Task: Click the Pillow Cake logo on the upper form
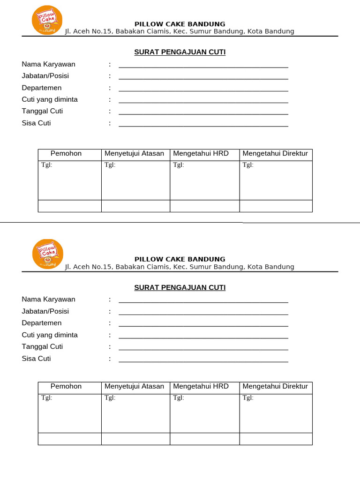[x=47, y=20]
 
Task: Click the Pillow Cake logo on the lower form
[x=47, y=254]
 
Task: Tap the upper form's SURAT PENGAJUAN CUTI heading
[x=180, y=52]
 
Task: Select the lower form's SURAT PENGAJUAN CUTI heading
[x=180, y=287]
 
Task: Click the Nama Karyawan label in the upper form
[x=48, y=64]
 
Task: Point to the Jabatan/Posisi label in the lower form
[x=45, y=311]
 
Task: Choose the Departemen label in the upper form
[x=42, y=88]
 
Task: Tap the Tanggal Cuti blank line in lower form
[x=203, y=349]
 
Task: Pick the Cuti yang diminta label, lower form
[x=50, y=335]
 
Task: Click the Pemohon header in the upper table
[x=66, y=154]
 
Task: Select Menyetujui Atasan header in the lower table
[x=135, y=386]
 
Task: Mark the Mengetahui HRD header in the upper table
[x=201, y=154]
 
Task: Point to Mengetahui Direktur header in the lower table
[x=275, y=386]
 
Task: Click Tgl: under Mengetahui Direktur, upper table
[x=248, y=165]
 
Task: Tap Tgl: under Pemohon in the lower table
[x=47, y=397]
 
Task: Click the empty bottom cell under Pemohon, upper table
[x=70, y=206]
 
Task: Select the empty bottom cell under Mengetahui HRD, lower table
[x=204, y=439]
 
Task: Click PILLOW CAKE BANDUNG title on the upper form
[x=180, y=24]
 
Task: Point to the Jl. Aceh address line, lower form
[x=180, y=267]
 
